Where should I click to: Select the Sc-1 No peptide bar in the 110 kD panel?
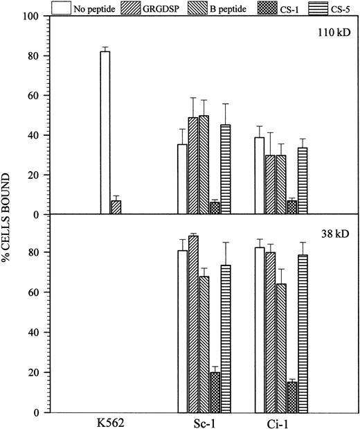point(182,180)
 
